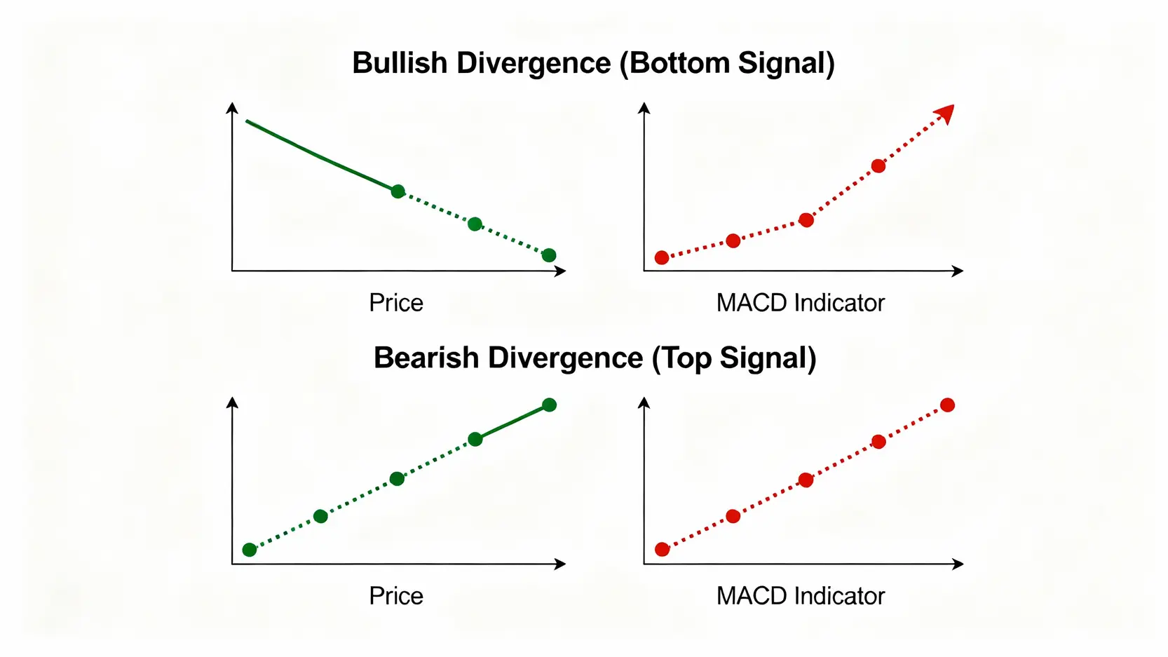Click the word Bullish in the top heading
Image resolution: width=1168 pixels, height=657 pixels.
[x=400, y=63]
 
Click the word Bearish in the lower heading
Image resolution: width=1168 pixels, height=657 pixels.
[x=426, y=358]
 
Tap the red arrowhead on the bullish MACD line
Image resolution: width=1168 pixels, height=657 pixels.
[x=946, y=113]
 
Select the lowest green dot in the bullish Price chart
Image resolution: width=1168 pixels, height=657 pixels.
[x=549, y=255]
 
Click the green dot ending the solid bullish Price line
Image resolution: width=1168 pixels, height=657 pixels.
[x=398, y=191]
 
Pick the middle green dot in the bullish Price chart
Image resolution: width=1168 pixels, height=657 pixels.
[x=475, y=224]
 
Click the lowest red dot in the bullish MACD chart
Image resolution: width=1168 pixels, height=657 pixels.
[x=662, y=257]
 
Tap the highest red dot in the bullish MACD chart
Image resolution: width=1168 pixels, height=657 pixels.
[x=878, y=165]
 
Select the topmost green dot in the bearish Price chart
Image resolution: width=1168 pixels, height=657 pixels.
[x=550, y=405]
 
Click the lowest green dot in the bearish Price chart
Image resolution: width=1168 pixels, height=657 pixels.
[x=250, y=550]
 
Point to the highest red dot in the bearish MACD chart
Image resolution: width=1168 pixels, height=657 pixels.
[x=947, y=405]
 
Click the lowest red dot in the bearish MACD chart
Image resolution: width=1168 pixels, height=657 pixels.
[x=662, y=549]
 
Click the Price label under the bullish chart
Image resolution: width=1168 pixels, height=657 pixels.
[x=396, y=303]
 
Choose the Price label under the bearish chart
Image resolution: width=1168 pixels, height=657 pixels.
[x=396, y=596]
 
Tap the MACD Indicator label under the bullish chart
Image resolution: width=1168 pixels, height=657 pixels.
[x=800, y=303]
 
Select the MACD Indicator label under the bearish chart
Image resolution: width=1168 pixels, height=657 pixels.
[x=800, y=596]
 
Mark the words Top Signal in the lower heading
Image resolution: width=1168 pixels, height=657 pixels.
[x=734, y=358]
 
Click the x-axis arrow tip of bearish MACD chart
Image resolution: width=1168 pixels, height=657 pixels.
[x=961, y=564]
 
